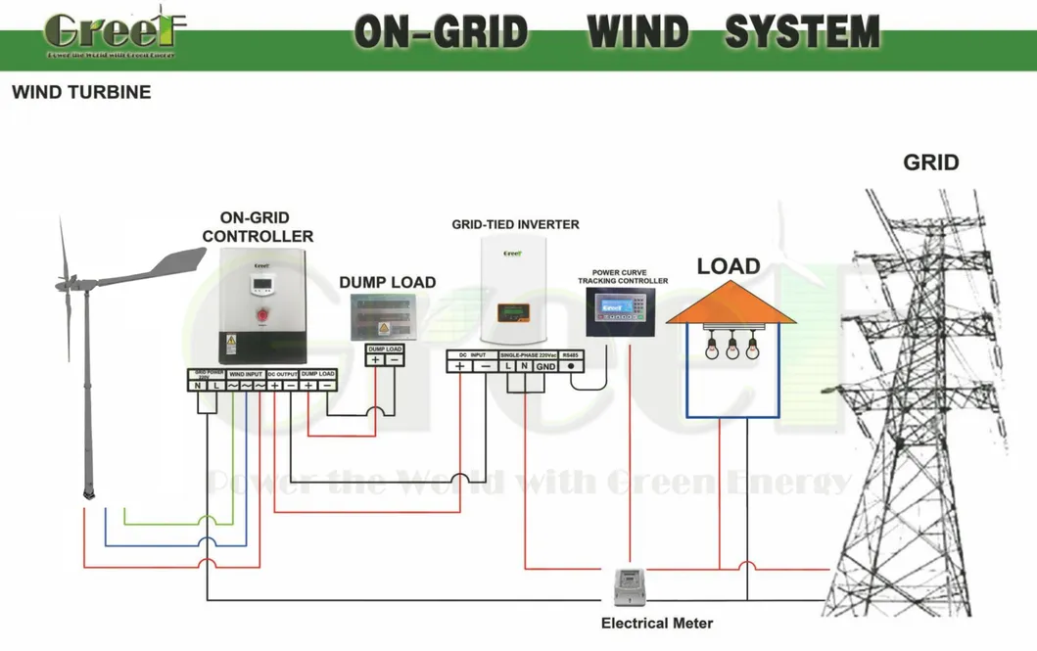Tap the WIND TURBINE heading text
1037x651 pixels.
pyautogui.click(x=81, y=93)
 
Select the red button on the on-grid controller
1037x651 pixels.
pyautogui.click(x=261, y=315)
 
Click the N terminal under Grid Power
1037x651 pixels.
pyautogui.click(x=198, y=386)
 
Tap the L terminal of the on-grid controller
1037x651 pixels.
pyautogui.click(x=215, y=386)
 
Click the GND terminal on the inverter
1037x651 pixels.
pyautogui.click(x=544, y=366)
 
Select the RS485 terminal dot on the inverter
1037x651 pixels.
pyautogui.click(x=571, y=366)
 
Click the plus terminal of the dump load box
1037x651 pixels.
pyautogui.click(x=375, y=359)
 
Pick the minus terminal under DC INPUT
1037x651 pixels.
pyautogui.click(x=486, y=366)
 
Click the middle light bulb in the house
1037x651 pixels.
pyautogui.click(x=731, y=347)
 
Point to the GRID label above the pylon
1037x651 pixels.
pyautogui.click(x=930, y=163)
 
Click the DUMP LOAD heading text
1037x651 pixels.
pyautogui.click(x=387, y=283)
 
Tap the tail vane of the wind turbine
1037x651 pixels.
pyautogui.click(x=176, y=261)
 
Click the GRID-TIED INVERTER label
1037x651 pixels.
pyautogui.click(x=515, y=224)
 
